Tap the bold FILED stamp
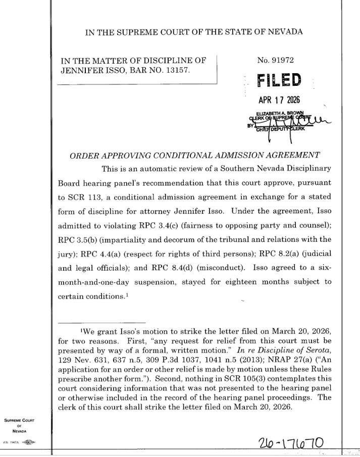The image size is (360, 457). pos(279,80)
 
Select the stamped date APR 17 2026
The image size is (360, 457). pos(279,99)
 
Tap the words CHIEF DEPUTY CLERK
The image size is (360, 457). pos(281,129)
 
